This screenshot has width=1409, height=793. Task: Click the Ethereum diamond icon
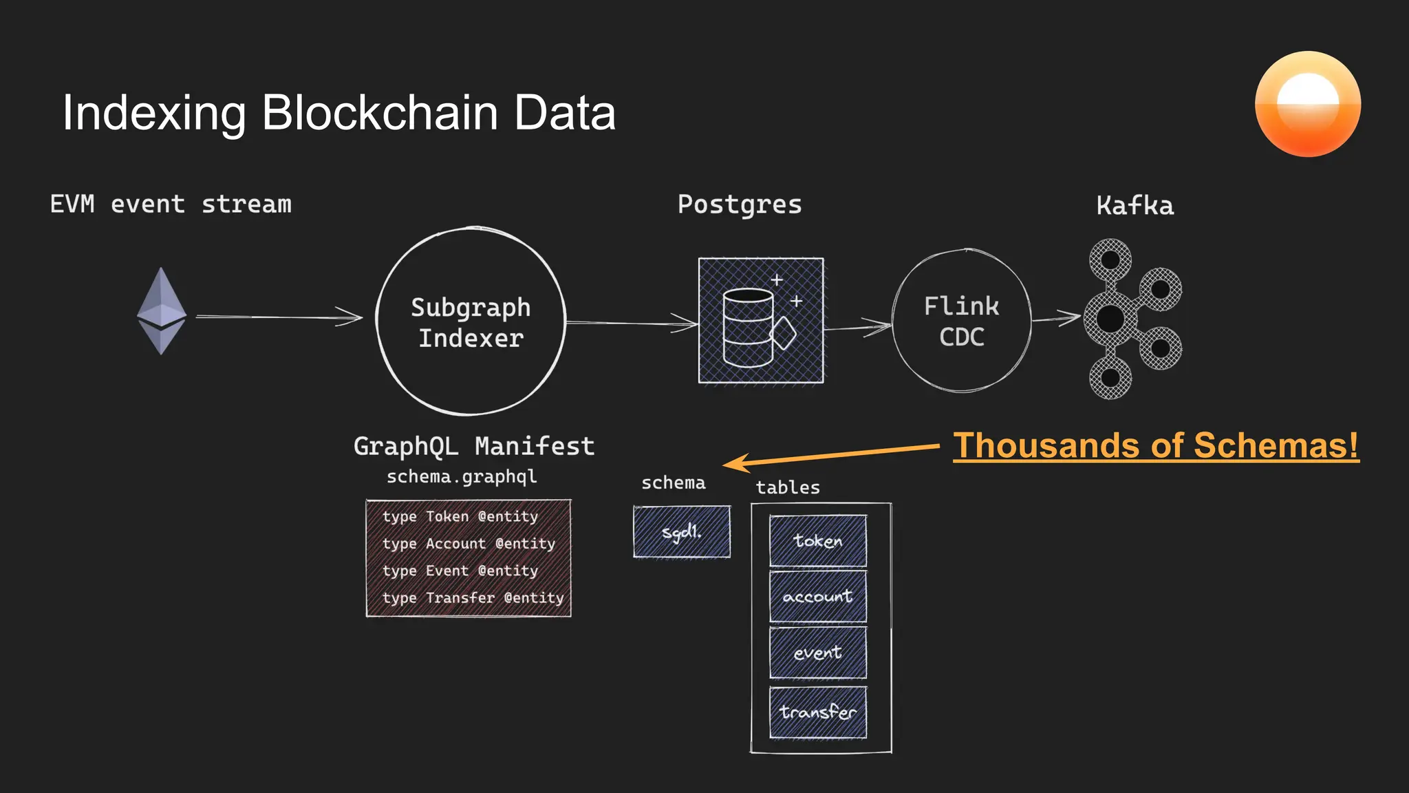162,311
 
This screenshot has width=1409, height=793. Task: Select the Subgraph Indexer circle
471,321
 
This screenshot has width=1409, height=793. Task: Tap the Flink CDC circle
961,321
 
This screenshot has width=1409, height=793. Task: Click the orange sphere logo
1307,104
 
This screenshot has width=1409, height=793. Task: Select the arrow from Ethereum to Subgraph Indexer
279,317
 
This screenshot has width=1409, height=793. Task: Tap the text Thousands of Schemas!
1156,445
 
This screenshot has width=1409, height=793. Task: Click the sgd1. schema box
682,531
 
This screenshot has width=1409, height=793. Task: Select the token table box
817,541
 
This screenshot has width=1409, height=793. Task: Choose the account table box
817,596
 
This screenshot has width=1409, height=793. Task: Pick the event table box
817,653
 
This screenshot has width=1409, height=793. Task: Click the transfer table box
817,712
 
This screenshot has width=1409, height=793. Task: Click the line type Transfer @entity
473,598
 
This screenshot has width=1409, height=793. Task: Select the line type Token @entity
460,516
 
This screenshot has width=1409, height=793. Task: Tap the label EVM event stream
171,204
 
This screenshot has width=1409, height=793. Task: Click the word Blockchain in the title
380,112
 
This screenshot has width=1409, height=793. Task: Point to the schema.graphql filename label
462,476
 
